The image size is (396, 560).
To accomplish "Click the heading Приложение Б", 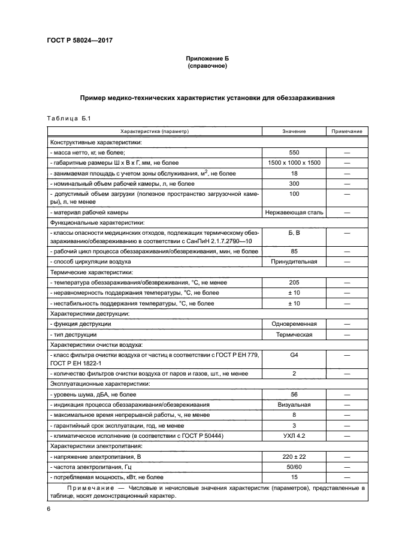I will [x=207, y=58].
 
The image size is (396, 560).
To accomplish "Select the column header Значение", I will [x=294, y=131].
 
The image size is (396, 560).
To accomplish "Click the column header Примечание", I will [x=347, y=131].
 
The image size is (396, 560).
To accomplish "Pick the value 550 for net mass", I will [x=294, y=153].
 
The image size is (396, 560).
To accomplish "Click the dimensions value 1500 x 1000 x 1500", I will [x=294, y=163].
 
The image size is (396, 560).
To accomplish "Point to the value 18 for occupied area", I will [x=294, y=173].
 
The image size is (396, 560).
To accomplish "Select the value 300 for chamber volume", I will [x=294, y=183].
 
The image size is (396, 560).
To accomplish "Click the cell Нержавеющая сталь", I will [x=294, y=212].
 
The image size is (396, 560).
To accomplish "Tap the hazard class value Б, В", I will [x=294, y=231].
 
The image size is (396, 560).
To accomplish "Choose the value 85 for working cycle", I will [x=294, y=252].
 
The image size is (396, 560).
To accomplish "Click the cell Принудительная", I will [x=294, y=262].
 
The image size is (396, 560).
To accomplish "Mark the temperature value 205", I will [x=294, y=282].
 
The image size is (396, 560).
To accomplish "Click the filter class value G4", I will [x=294, y=355].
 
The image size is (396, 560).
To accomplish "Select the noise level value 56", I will [x=294, y=394].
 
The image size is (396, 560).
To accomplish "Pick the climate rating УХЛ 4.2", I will [x=294, y=435].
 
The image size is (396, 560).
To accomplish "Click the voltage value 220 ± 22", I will [x=294, y=456].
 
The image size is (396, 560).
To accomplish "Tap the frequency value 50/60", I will [x=294, y=467].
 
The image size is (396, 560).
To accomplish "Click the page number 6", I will [x=49, y=508].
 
